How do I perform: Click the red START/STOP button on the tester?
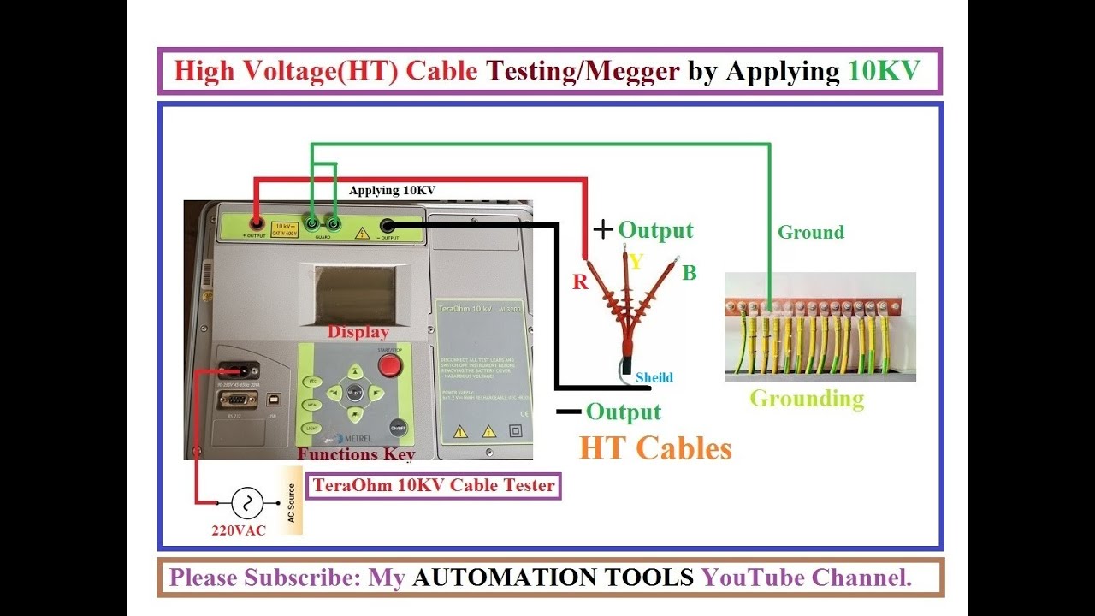point(390,365)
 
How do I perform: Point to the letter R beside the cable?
point(581,282)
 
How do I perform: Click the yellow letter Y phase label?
point(636,261)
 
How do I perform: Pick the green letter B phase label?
point(690,273)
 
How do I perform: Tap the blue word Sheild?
point(654,377)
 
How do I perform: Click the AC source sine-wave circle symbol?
point(248,503)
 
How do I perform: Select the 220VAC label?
point(239,530)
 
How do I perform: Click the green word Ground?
point(810,232)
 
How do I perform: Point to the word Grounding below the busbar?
point(807,399)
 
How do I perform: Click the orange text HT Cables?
point(655,448)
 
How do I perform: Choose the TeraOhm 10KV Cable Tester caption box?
point(434,486)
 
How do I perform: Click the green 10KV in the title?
point(884,70)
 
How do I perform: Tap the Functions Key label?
point(356,454)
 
